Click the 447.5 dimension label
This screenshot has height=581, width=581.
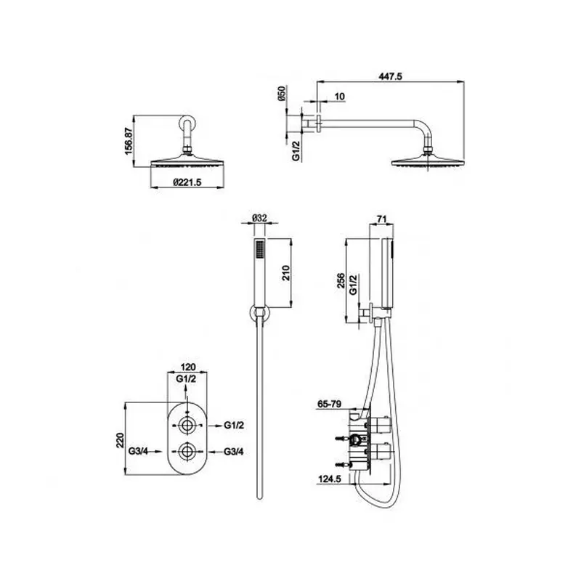pyautogui.click(x=390, y=76)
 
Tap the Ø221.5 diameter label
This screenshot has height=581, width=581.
pyautogui.click(x=187, y=182)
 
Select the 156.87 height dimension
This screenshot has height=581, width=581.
pyautogui.click(x=129, y=141)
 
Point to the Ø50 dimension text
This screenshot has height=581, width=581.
pyautogui.click(x=281, y=94)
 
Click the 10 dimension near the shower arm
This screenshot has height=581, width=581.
pyautogui.click(x=339, y=97)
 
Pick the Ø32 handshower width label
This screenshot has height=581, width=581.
pyautogui.click(x=259, y=219)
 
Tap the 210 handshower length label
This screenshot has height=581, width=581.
pyautogui.click(x=286, y=273)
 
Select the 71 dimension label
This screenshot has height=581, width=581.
pyautogui.click(x=382, y=219)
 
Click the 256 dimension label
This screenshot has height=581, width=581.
pyautogui.click(x=341, y=280)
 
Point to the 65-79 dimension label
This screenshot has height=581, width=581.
pyautogui.click(x=330, y=404)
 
